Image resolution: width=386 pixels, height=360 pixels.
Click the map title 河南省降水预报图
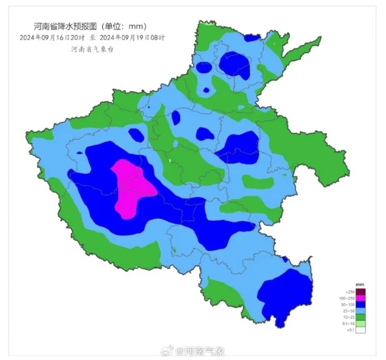click(61, 26)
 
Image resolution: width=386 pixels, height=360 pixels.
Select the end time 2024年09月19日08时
click(132, 38)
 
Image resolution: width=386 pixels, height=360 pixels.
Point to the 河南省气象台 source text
click(92, 49)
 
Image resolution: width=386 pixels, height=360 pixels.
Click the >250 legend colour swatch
click(361, 292)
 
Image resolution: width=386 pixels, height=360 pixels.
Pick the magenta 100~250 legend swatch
click(361, 298)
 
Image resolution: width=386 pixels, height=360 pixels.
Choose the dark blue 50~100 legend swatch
click(361, 304)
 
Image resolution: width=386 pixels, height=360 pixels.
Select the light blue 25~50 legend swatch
click(361, 311)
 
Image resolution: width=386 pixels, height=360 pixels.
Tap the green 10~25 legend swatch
click(361, 317)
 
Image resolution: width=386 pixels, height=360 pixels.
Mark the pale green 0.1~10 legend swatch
click(361, 324)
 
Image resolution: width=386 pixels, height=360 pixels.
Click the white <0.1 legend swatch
click(361, 330)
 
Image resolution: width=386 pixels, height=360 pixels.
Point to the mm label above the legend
click(360, 286)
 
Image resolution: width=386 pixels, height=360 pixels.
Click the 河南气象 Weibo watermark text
click(205, 352)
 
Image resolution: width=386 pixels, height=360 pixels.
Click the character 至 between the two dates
click(92, 38)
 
